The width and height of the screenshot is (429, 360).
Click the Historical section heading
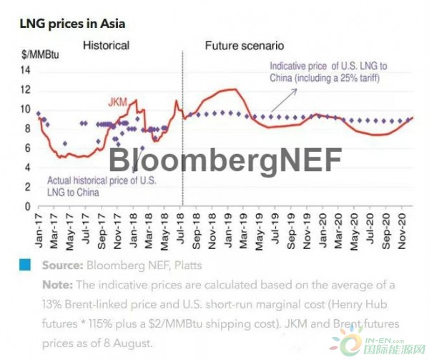tap(106, 45)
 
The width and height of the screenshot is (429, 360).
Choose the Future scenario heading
tap(245, 45)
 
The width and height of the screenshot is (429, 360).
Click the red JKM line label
tap(118, 103)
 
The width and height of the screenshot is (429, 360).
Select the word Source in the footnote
tap(61, 266)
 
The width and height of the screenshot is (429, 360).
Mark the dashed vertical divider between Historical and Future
tap(182, 129)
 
